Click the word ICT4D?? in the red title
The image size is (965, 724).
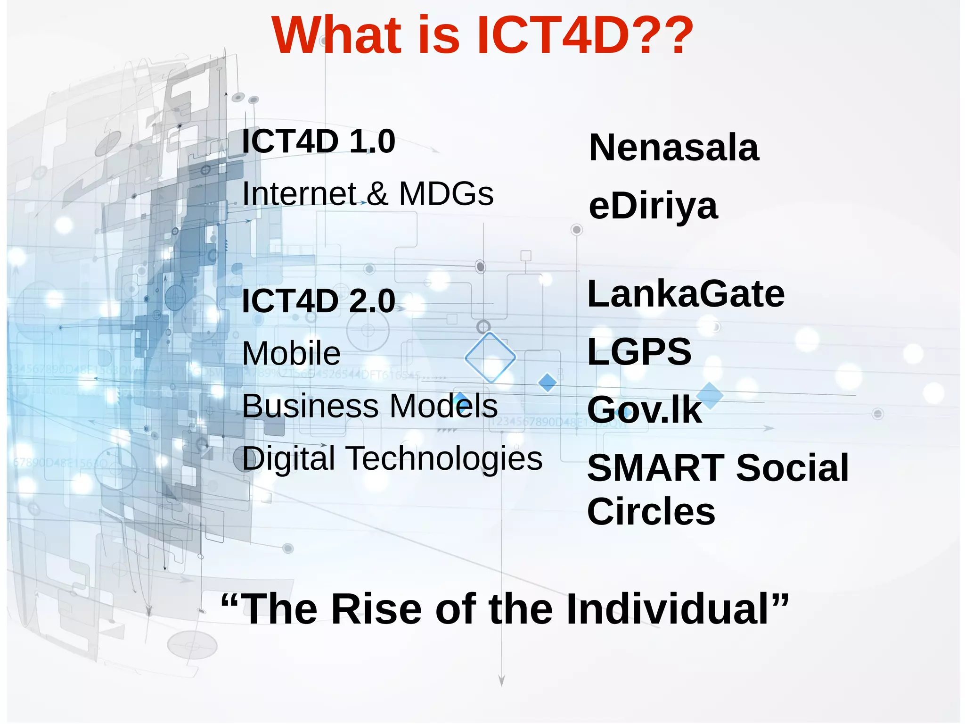coord(584,35)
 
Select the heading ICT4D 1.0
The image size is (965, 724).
coord(318,141)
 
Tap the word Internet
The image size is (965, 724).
coord(299,194)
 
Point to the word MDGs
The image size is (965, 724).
coord(446,194)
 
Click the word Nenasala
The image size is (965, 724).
coord(674,148)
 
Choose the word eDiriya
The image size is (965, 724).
coord(653,206)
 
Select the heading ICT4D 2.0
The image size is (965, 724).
coord(318,301)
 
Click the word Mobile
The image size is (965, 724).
coord(291,353)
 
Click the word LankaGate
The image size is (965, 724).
coord(686,294)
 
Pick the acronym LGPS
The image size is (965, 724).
coord(639,352)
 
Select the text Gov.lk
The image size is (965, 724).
coord(644,410)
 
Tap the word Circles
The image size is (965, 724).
coord(651,512)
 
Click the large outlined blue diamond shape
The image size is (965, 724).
coord(490,357)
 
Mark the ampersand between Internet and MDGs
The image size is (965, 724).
coord(377,194)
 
